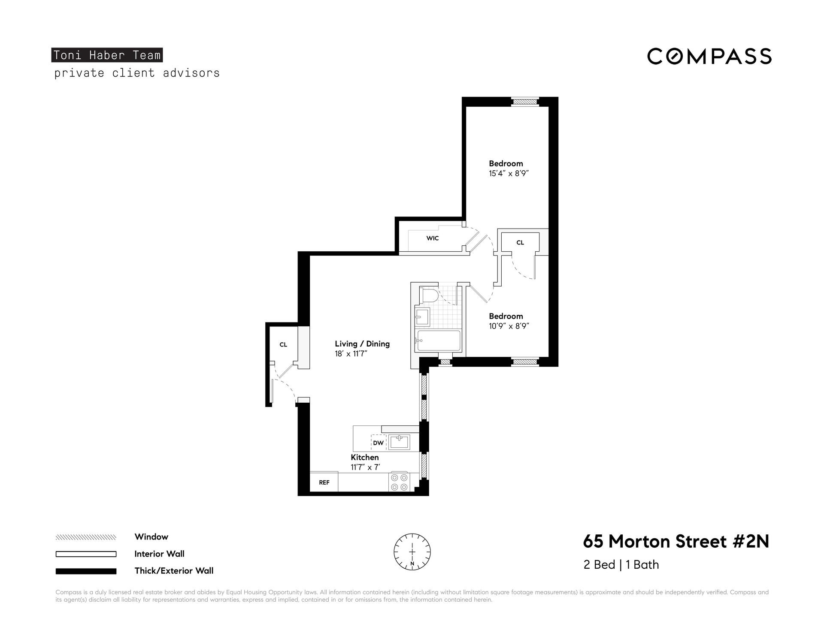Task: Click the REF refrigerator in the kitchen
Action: pyautogui.click(x=324, y=482)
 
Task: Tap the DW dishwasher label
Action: pyautogui.click(x=378, y=443)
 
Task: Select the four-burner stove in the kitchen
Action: pyautogui.click(x=399, y=482)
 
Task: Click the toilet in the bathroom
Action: pyautogui.click(x=429, y=295)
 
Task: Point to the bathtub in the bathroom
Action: pyautogui.click(x=439, y=341)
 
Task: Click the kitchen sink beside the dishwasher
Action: pyautogui.click(x=399, y=442)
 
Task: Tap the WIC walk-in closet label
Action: pyautogui.click(x=433, y=238)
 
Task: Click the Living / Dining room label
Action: pyautogui.click(x=362, y=344)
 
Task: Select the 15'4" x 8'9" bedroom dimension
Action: pyautogui.click(x=509, y=174)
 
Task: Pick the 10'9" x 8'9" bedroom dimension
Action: pyautogui.click(x=509, y=326)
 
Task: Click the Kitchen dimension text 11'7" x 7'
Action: pyautogui.click(x=366, y=467)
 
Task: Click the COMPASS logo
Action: pyautogui.click(x=709, y=56)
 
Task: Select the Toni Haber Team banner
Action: pyautogui.click(x=107, y=55)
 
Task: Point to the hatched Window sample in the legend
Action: pyautogui.click(x=86, y=537)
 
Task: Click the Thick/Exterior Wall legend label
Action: pyautogui.click(x=174, y=571)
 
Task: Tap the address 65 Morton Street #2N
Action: pyautogui.click(x=676, y=541)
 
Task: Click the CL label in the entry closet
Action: pyautogui.click(x=283, y=344)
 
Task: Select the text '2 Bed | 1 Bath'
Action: pyautogui.click(x=621, y=565)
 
